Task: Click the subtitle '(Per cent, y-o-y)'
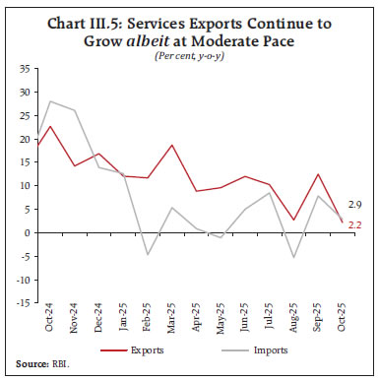coord(189,55)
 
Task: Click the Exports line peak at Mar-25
coord(172,146)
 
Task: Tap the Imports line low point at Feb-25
coord(146,254)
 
